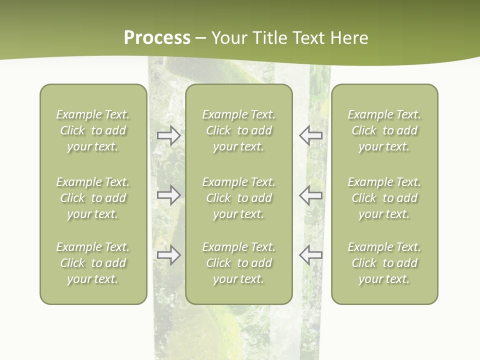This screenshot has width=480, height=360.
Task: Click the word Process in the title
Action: [x=157, y=38]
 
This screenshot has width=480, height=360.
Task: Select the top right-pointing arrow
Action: [x=168, y=135]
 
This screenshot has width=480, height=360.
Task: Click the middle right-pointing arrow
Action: [x=168, y=195]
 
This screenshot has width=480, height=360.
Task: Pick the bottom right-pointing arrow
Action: [x=168, y=255]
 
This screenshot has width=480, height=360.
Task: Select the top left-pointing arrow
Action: [x=311, y=135]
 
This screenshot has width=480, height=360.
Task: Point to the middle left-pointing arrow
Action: [x=311, y=195]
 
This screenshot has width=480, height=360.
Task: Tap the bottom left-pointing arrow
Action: [x=311, y=255]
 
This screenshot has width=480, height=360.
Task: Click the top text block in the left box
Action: [x=93, y=130]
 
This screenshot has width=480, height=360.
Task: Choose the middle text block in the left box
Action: [x=93, y=198]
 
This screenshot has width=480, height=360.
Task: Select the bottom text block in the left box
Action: [x=93, y=263]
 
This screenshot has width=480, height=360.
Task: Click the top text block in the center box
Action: [x=238, y=130]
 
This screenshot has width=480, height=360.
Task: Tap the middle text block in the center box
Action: [x=238, y=198]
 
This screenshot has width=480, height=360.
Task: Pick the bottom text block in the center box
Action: [x=238, y=263]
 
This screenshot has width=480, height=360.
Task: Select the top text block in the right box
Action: [x=384, y=130]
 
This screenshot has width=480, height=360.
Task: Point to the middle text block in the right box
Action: [x=384, y=198]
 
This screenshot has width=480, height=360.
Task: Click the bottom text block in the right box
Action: [x=384, y=263]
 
